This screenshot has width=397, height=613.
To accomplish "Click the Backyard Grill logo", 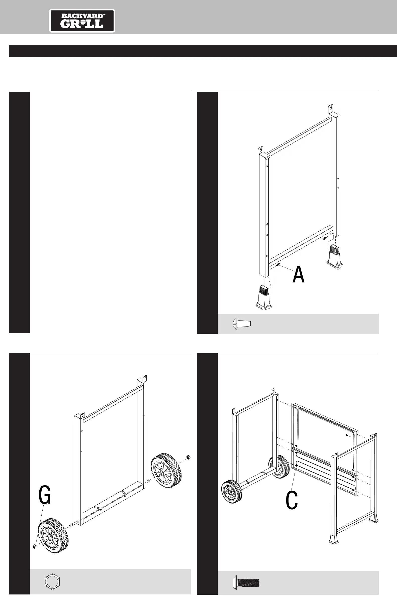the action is pyautogui.click(x=82, y=21).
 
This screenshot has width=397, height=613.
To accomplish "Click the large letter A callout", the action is pyautogui.click(x=299, y=274).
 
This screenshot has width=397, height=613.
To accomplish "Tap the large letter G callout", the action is pyautogui.click(x=45, y=495).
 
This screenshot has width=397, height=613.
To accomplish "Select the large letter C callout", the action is pyautogui.click(x=291, y=500).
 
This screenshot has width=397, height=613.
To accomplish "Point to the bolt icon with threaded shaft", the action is pyautogui.click(x=246, y=583).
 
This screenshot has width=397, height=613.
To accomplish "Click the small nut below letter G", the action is pyautogui.click(x=34, y=547).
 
